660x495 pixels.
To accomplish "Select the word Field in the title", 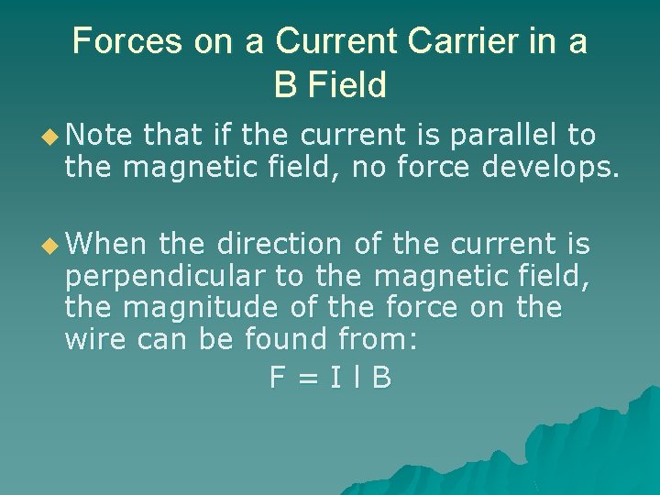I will (x=347, y=85).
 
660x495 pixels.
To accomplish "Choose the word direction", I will (x=278, y=244).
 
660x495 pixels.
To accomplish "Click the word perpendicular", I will (x=184, y=276).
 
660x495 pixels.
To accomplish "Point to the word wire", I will (x=95, y=340).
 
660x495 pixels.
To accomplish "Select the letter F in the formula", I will (x=278, y=378).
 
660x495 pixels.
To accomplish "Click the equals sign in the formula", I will (x=309, y=379).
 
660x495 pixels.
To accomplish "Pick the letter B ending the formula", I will (x=381, y=378).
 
